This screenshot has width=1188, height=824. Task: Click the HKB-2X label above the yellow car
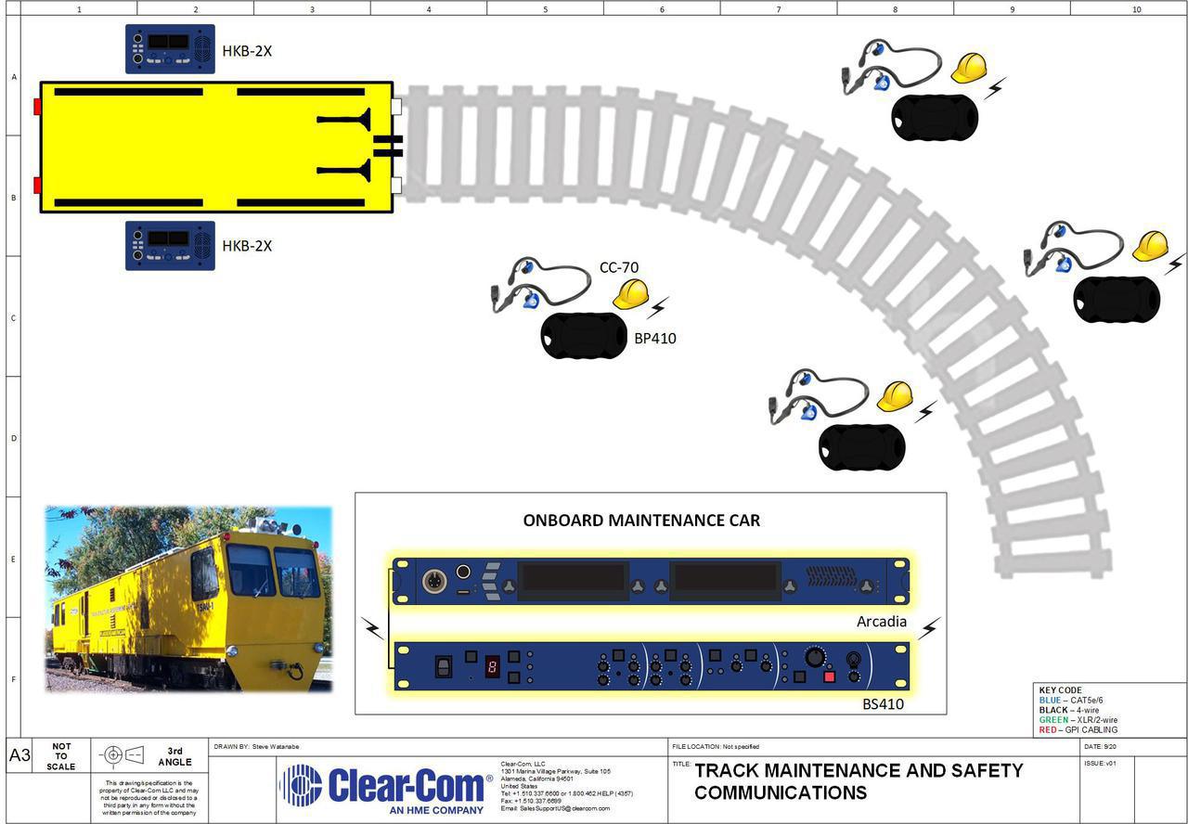(x=246, y=51)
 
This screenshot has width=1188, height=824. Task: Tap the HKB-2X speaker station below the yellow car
(x=170, y=246)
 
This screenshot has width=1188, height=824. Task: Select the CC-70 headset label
(x=618, y=268)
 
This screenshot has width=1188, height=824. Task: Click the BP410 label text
(x=654, y=339)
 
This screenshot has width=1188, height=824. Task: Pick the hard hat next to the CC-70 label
(x=631, y=294)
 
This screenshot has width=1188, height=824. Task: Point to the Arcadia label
(x=881, y=622)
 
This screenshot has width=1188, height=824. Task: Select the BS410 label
(x=883, y=704)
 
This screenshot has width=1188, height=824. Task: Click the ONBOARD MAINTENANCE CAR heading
(x=641, y=521)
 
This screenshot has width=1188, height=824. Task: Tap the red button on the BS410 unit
(x=829, y=676)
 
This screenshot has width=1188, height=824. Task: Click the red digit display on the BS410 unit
(x=492, y=666)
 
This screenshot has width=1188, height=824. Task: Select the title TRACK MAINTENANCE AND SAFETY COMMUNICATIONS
(x=859, y=781)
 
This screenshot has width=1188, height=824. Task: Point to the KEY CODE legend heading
(x=1060, y=691)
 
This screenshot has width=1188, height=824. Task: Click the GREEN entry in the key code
(x=1078, y=720)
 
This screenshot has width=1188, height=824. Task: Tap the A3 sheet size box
(x=19, y=756)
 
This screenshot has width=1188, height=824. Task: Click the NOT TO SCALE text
(x=61, y=756)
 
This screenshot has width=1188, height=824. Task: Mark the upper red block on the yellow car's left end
(x=37, y=106)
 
